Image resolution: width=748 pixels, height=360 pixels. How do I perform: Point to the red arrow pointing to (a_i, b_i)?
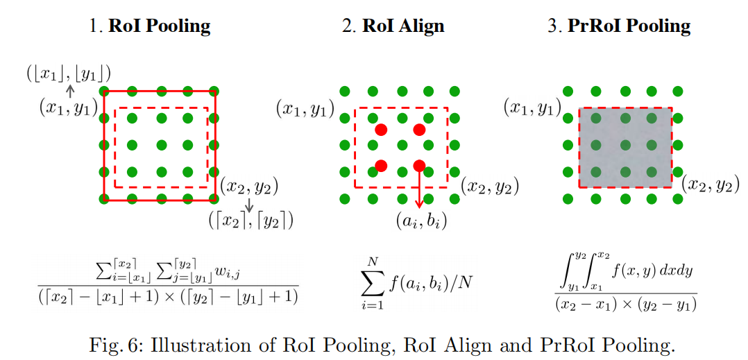click(x=419, y=187)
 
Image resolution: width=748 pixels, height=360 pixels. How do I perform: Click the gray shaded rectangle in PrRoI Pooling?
click(x=625, y=147)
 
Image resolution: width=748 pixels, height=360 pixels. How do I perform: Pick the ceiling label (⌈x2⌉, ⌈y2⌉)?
click(x=251, y=221)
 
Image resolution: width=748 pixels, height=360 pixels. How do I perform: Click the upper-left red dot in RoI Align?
click(x=380, y=130)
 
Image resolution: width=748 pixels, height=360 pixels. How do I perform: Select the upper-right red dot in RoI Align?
click(x=419, y=130)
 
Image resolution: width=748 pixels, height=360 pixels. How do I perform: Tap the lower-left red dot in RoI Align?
click(x=380, y=165)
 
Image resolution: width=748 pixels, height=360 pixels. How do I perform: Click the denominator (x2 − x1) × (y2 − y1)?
click(x=626, y=304)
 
